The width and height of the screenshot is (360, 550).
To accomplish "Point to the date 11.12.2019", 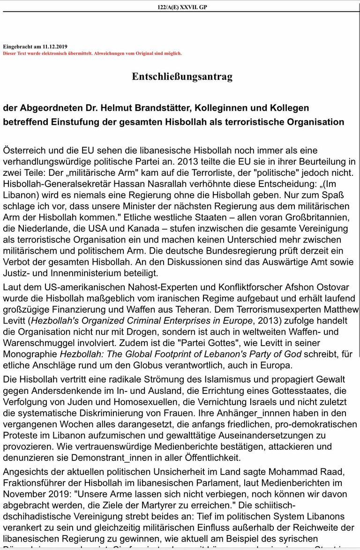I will pyautogui.click(x=55, y=47).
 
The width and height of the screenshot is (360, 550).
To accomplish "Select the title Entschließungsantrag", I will pyautogui.click(x=182, y=76).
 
